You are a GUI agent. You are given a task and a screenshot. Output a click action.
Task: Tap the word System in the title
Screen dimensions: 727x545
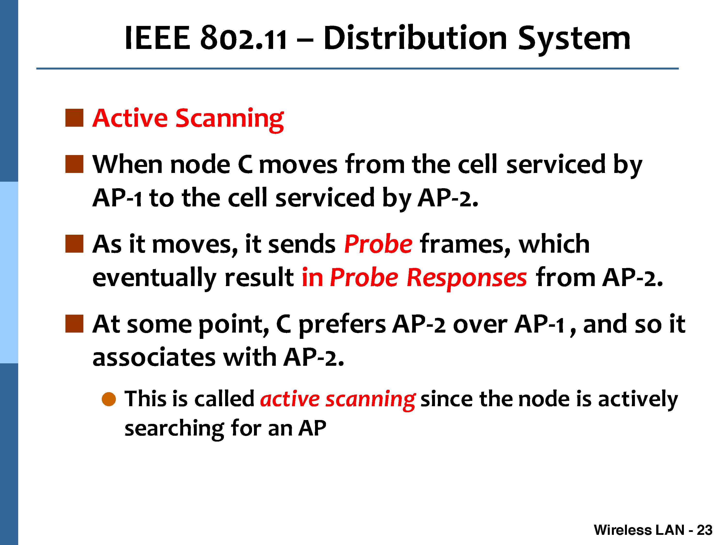point(574,40)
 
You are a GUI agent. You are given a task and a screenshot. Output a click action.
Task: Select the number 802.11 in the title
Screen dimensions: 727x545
point(243,39)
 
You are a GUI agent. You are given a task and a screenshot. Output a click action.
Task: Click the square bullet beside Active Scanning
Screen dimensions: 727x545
point(74,118)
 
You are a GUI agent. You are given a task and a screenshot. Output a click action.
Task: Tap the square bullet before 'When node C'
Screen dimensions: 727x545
point(74,164)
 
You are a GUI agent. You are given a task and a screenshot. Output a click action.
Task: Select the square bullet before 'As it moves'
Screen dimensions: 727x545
point(74,243)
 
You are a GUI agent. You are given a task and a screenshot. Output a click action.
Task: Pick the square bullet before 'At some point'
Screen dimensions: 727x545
point(74,324)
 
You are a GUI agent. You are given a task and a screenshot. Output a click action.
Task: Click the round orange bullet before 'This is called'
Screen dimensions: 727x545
point(109,399)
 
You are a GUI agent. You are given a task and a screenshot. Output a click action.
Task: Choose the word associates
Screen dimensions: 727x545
point(154,358)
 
